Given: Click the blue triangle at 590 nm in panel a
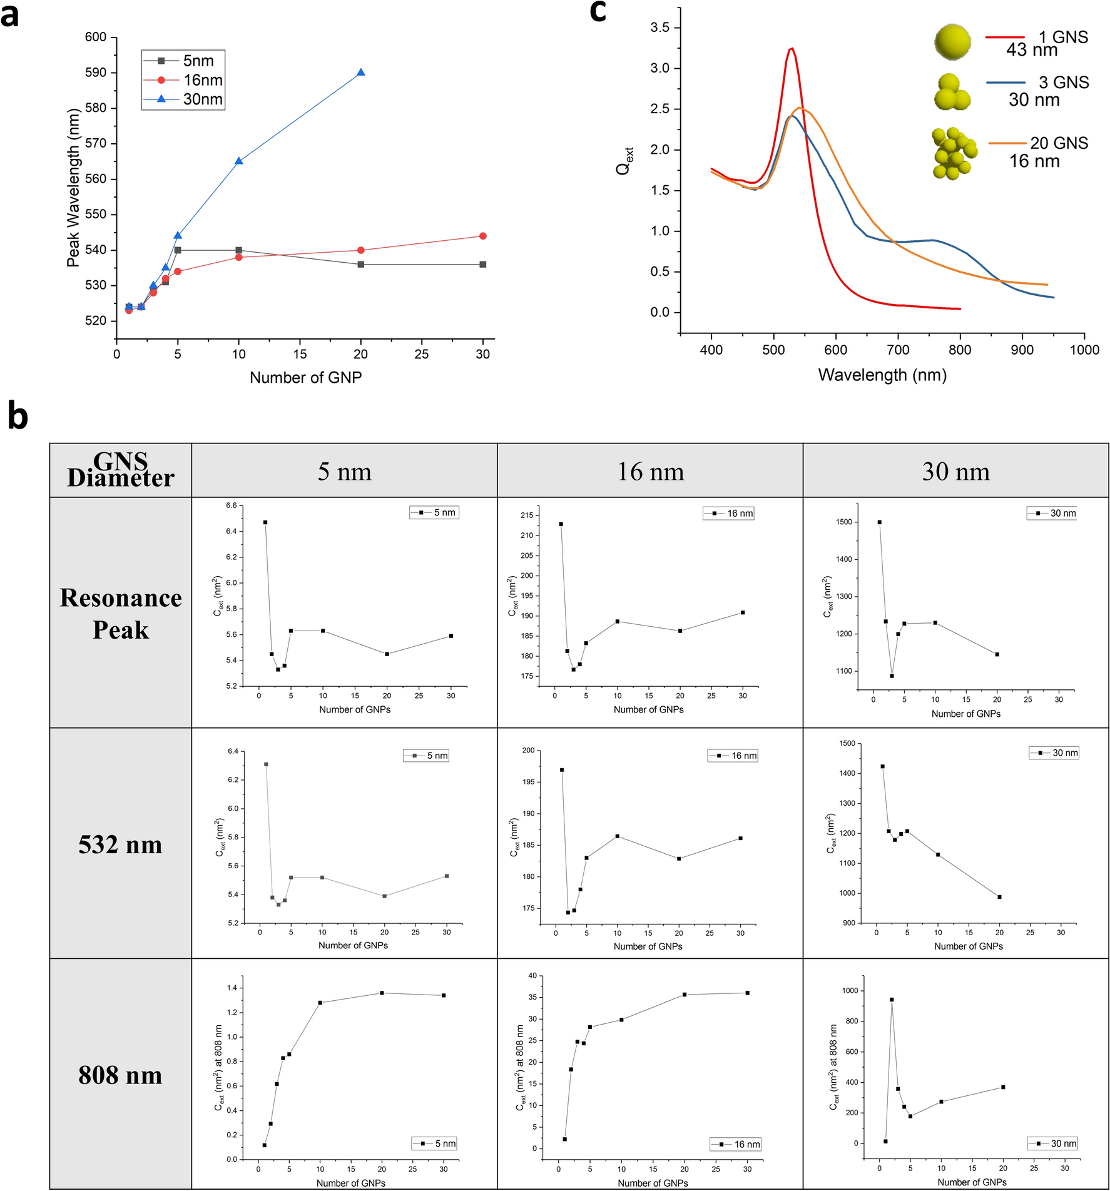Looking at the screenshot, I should point(361,73).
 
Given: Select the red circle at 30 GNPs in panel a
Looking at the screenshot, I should point(482,236).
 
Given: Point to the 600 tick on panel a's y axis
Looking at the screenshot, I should point(96,37).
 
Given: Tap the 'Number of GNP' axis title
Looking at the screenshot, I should point(305,377).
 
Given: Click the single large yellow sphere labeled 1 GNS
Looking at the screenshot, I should point(952,42).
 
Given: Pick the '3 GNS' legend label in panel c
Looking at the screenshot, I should point(1064,83).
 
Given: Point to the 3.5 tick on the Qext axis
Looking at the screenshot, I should point(659,28).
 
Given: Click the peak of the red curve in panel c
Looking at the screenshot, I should point(792,48).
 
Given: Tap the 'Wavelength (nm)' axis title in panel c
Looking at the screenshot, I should point(882,375).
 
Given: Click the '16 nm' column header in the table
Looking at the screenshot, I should point(650,471).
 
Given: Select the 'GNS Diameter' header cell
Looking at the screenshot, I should point(121,470).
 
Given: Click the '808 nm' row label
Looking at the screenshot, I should point(120,1075).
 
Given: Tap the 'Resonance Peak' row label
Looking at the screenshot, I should point(120,614).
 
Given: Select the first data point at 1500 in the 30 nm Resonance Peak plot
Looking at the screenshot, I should point(880,522).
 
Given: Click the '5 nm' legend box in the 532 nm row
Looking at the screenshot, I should point(426,756).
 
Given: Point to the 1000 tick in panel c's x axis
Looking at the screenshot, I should point(1084,350).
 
